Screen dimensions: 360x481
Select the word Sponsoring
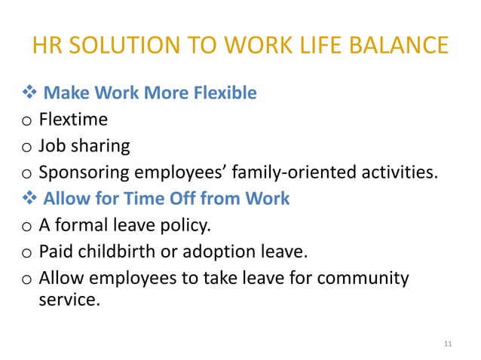84,172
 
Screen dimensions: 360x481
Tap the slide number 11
448,343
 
